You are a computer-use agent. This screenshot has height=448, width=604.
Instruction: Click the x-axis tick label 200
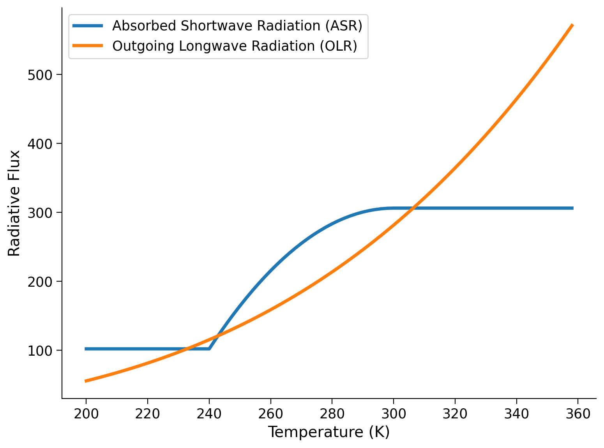(x=86, y=414)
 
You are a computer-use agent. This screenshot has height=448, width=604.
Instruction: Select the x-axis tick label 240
(x=209, y=414)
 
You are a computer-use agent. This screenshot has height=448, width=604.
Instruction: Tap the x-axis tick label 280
(x=332, y=414)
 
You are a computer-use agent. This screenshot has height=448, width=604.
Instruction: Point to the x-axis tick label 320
(x=455, y=414)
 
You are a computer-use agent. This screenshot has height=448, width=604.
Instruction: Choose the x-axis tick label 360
(x=578, y=414)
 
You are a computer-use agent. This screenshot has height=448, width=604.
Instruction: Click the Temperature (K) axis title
(x=329, y=432)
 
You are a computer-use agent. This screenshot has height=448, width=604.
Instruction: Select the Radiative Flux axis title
(x=14, y=203)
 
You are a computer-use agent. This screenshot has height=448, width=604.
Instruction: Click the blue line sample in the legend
(x=88, y=26)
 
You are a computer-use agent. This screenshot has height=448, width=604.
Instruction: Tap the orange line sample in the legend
(x=88, y=46)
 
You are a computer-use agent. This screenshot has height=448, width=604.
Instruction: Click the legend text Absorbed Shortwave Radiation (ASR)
(x=237, y=26)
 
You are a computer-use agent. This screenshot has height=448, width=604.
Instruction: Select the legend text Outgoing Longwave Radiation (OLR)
(x=235, y=46)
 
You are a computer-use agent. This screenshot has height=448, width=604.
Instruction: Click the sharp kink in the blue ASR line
(x=209, y=349)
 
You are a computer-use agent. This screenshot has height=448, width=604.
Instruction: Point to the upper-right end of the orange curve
(x=572, y=25)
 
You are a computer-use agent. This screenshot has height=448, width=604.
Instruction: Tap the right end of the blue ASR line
(x=573, y=208)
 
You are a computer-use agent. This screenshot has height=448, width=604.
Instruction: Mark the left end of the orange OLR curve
(x=86, y=381)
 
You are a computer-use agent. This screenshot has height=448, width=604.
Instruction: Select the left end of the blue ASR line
(x=86, y=349)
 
